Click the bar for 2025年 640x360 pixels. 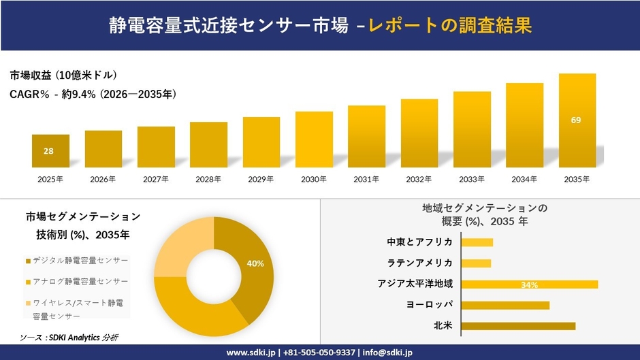click(x=50, y=150)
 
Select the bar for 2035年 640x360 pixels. click(x=577, y=120)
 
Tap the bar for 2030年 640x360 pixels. click(x=314, y=140)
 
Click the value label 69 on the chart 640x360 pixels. click(x=576, y=120)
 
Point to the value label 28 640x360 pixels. click(x=49, y=151)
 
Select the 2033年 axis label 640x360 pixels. click(x=472, y=179)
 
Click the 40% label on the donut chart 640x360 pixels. click(x=255, y=263)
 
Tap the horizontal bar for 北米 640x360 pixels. click(x=518, y=326)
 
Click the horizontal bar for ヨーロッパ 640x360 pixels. click(x=505, y=305)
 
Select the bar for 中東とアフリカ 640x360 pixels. click(x=477, y=242)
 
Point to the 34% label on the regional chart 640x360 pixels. click(x=529, y=284)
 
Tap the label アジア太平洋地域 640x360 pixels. click(x=415, y=284)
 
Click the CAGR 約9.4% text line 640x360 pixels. click(x=93, y=95)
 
